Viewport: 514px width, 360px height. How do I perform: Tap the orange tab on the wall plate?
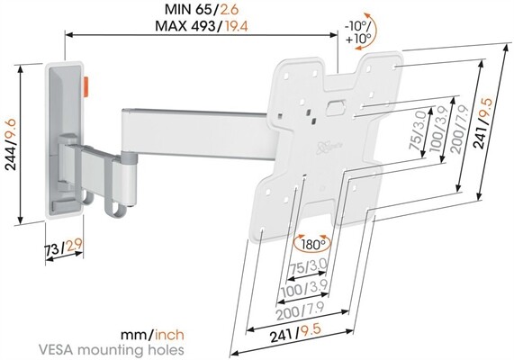coord(86,86)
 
